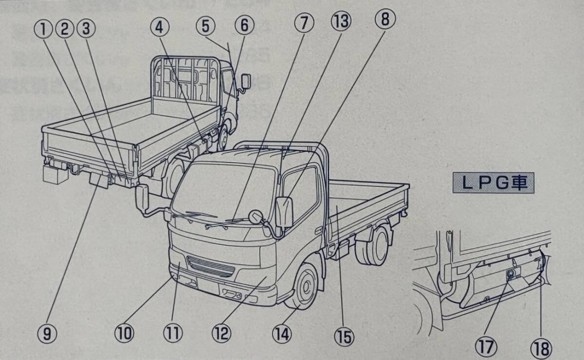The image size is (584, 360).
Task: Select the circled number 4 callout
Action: click(x=159, y=27)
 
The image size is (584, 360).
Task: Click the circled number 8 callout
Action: click(x=385, y=20)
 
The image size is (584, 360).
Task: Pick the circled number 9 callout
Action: click(x=47, y=333)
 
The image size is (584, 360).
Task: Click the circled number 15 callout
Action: click(x=344, y=336)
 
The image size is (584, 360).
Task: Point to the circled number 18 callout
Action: click(x=541, y=348)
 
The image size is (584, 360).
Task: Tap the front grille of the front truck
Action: click(x=211, y=266)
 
